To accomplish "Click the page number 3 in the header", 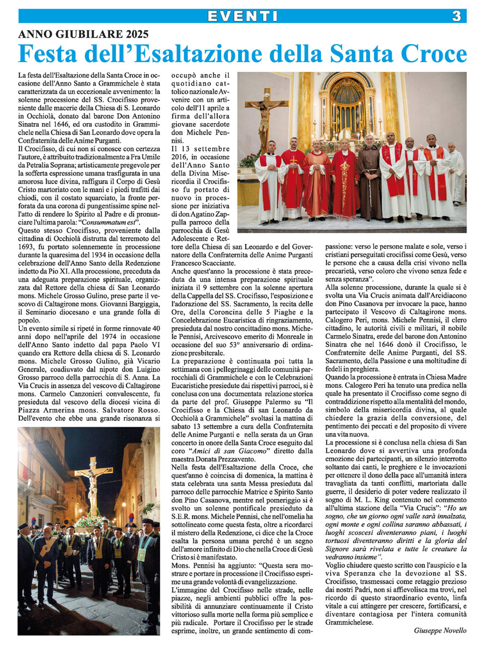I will click(457, 16).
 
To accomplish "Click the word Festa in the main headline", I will click(49, 54).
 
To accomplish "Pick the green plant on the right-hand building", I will click(147, 509).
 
